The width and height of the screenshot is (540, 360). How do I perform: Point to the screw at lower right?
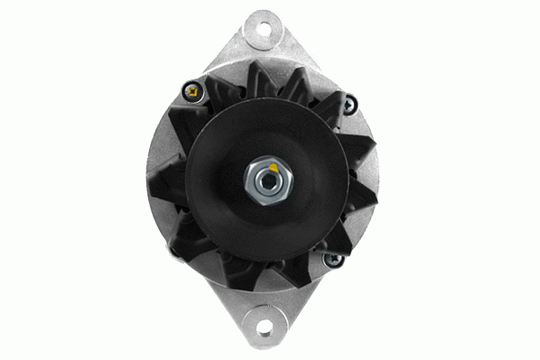coord(331,261)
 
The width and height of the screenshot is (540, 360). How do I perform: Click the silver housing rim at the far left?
coord(151,180)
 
